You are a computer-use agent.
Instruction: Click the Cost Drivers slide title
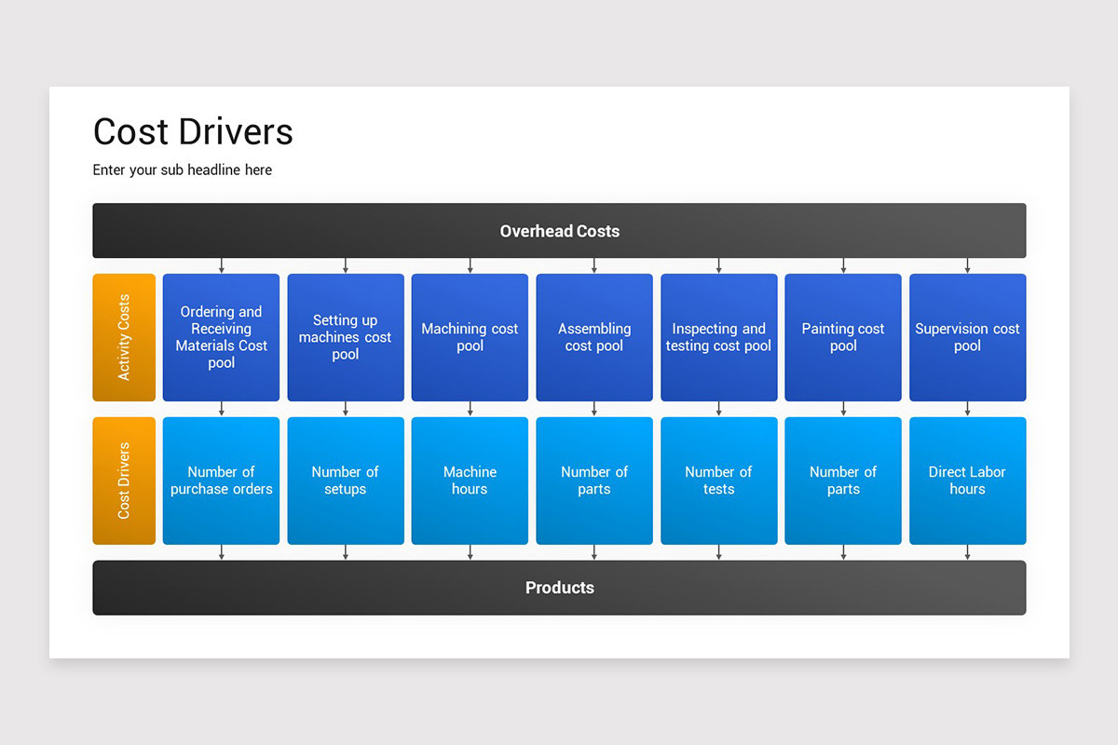pyautogui.click(x=193, y=132)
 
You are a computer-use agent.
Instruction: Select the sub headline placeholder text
pyautogui.click(x=183, y=170)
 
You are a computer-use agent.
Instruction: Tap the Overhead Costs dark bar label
pyautogui.click(x=559, y=231)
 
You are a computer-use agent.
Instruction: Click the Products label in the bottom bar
pyautogui.click(x=559, y=588)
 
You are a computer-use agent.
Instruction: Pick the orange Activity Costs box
pyautogui.click(x=124, y=337)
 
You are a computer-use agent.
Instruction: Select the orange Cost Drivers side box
pyautogui.click(x=124, y=481)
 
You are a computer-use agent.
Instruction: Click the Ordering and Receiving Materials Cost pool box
pyautogui.click(x=221, y=337)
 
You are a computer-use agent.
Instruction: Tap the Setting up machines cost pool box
pyautogui.click(x=346, y=337)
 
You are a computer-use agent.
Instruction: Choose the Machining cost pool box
pyautogui.click(x=470, y=337)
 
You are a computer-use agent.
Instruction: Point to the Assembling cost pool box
pyautogui.click(x=594, y=337)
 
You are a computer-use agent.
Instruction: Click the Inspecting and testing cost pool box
pyautogui.click(x=718, y=337)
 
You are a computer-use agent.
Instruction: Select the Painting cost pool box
pyautogui.click(x=843, y=337)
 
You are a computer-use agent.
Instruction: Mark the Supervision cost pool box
pyautogui.click(x=967, y=337)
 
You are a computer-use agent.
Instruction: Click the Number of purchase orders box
pyautogui.click(x=221, y=481)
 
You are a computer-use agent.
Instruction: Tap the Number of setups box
pyautogui.click(x=346, y=481)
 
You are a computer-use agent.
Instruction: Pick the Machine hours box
pyautogui.click(x=470, y=481)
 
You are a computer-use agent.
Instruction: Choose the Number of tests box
pyautogui.click(x=718, y=481)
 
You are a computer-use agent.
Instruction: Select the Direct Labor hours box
pyautogui.click(x=967, y=481)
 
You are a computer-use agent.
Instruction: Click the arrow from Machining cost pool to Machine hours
pyautogui.click(x=470, y=409)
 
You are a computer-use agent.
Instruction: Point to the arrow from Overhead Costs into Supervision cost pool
pyautogui.click(x=967, y=265)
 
